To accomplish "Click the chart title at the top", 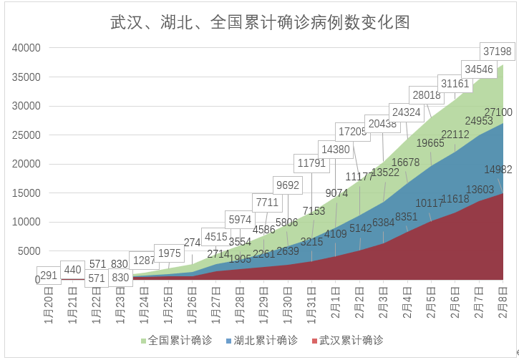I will tap(260, 21).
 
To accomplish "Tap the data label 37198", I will tap(498, 52).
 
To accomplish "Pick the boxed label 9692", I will tap(287, 185).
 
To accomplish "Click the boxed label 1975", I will tap(169, 253).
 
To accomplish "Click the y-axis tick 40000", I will tap(26, 48).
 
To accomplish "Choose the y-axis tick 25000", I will tap(26, 135).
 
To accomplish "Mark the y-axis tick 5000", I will tap(29, 251).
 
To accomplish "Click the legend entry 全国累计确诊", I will tap(175, 340).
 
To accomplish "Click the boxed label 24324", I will tap(406, 112).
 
